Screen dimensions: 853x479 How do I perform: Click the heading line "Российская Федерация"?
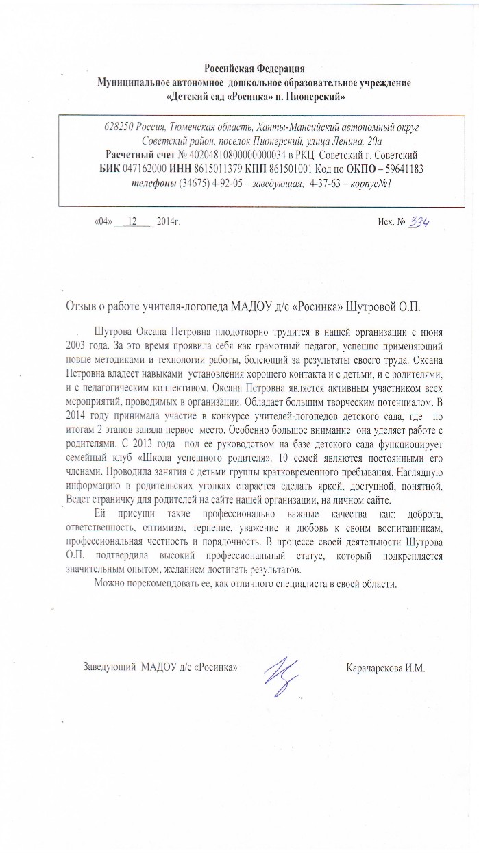click(x=254, y=68)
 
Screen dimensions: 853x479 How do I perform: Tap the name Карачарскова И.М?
click(x=387, y=667)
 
